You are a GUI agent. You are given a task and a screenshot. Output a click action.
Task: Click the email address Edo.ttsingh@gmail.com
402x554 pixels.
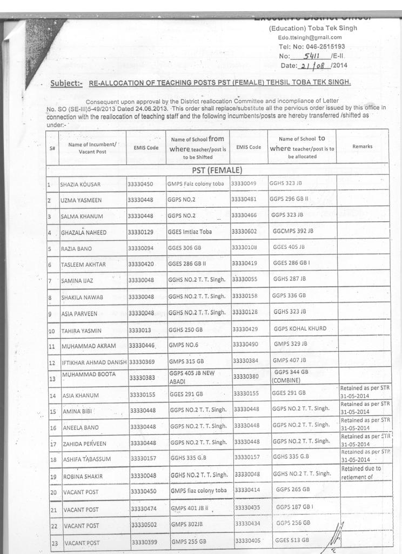click(x=310, y=37)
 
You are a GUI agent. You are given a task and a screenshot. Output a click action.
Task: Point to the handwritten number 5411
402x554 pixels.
click(x=313, y=56)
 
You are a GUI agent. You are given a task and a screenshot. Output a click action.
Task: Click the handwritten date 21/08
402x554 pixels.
click(x=314, y=65)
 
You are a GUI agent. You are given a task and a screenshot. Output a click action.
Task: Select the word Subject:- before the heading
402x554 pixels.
click(x=66, y=83)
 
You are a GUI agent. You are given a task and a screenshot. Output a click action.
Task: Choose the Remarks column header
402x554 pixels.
click(x=362, y=146)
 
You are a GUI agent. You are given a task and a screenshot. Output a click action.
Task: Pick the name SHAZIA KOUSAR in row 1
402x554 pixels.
click(x=81, y=184)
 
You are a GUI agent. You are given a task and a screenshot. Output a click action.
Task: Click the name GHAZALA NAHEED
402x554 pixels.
click(x=83, y=233)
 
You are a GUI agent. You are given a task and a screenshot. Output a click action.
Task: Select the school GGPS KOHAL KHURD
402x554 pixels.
click(x=300, y=329)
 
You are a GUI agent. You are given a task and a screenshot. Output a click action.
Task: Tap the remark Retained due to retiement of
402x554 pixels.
click(x=361, y=472)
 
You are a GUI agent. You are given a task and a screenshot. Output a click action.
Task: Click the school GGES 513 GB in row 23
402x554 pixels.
click(x=292, y=540)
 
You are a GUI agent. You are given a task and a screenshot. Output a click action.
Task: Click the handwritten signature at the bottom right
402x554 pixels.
click(x=336, y=537)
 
